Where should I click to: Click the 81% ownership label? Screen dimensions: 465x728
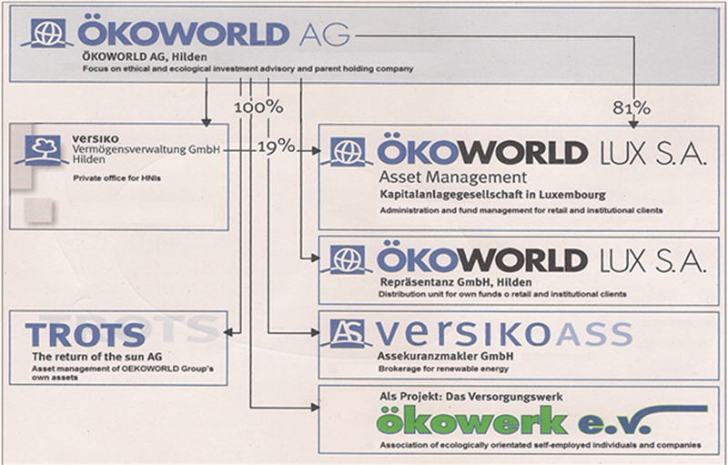click(x=632, y=108)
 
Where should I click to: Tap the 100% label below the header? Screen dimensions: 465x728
click(x=258, y=107)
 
